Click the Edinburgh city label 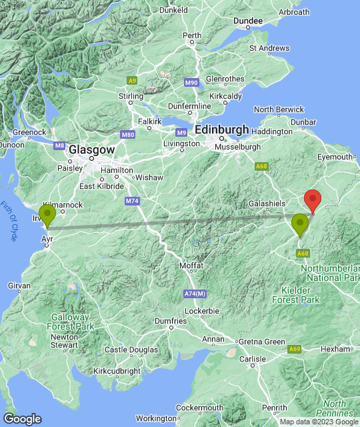[222, 130]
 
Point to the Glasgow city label [92, 151]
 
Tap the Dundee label [248, 21]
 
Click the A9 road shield [132, 81]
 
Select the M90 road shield [191, 82]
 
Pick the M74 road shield [132, 200]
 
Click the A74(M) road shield [195, 294]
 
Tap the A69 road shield [294, 349]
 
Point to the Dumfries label [170, 321]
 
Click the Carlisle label [252, 359]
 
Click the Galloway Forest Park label [70, 322]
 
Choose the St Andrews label [269, 48]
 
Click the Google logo [21, 419]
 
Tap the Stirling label [131, 97]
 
